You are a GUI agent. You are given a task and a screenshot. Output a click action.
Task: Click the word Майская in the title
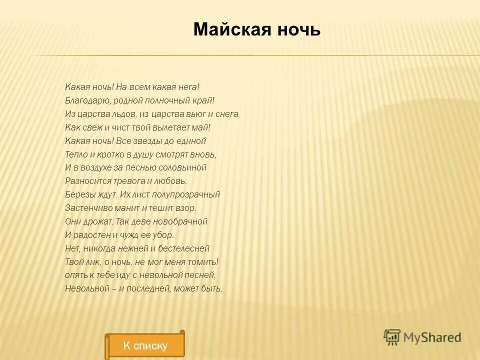point(224,30)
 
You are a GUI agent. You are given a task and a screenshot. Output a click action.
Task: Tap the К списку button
point(145,345)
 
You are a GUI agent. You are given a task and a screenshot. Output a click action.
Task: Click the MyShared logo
point(422,337)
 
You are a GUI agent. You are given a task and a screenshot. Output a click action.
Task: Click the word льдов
point(116,114)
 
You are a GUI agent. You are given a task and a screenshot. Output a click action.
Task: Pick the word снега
point(227,114)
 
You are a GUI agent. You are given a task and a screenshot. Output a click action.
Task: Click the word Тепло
point(75,154)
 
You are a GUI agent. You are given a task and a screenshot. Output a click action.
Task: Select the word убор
point(164,234)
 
